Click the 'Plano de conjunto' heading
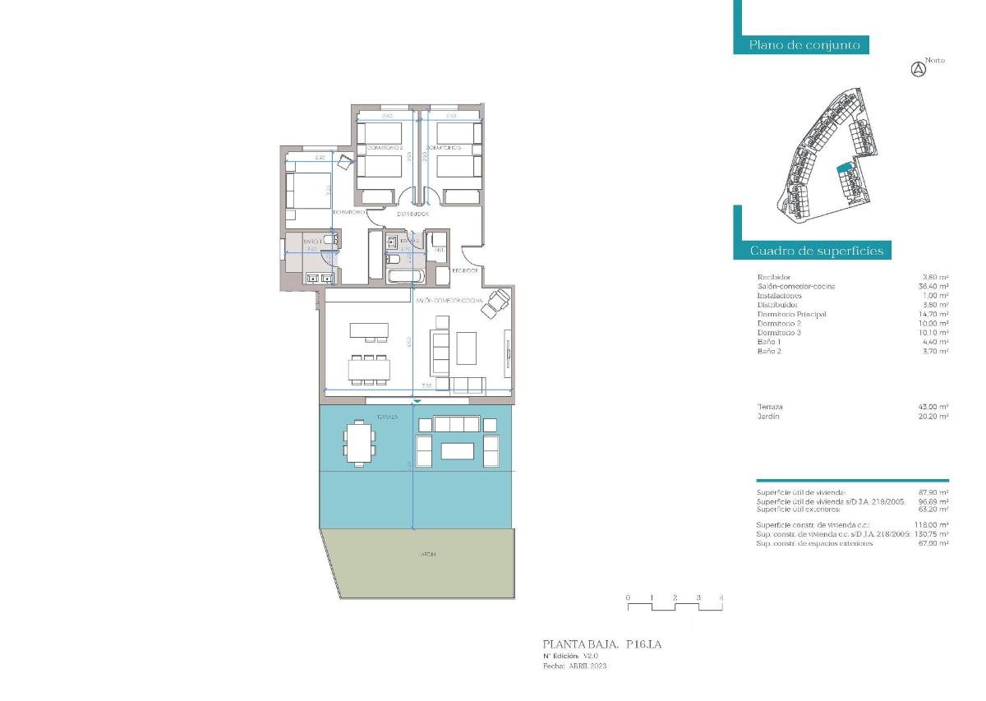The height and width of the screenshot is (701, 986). pos(804,45)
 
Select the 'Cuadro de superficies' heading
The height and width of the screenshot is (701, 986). pos(816,251)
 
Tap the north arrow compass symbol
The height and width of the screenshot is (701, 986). pos(919,70)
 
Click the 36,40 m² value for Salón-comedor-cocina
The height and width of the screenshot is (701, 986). pos(935,286)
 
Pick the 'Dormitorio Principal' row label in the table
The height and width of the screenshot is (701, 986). pos(791,314)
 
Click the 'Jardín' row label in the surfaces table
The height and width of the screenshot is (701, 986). pos(768,417)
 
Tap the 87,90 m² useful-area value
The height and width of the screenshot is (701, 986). pos(935,492)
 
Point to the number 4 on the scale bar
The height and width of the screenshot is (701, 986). pos(721,597)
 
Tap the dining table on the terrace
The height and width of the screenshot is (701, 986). pos(359,443)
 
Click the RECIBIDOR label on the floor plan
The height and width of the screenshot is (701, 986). pos(465,270)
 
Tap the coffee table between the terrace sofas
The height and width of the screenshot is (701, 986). pos(457,451)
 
